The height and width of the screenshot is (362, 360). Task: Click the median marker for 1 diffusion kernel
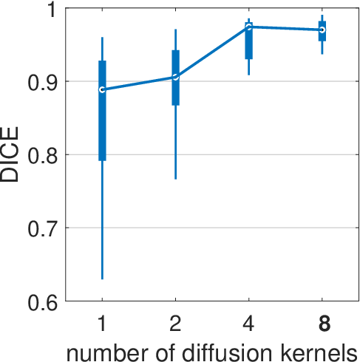coord(102,89)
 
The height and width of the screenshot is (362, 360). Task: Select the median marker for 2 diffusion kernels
coord(175,77)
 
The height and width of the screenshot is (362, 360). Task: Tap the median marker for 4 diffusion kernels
coord(249,27)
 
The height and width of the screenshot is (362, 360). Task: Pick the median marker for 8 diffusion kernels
coord(322,30)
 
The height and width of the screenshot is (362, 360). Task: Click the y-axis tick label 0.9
coord(42,83)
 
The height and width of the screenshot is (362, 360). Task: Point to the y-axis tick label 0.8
coord(42,157)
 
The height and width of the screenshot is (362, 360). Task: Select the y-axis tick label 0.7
coord(42,230)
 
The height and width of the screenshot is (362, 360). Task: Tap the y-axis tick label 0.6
coord(42,303)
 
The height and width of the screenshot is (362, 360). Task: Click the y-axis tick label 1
coord(52,10)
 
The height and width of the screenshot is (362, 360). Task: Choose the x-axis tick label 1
coord(102,324)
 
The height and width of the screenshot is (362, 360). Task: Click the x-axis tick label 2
coord(175,324)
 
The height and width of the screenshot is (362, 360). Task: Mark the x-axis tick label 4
coord(248,324)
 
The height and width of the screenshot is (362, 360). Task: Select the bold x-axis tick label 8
coord(325,324)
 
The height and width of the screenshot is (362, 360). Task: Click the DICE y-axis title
coord(10,154)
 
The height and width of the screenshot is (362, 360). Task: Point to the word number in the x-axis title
coord(107,354)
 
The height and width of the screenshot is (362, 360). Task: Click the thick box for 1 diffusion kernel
coord(102,111)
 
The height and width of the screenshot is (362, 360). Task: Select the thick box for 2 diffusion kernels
coord(175,78)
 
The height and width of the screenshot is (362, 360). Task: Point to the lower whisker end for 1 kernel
coord(102,279)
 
